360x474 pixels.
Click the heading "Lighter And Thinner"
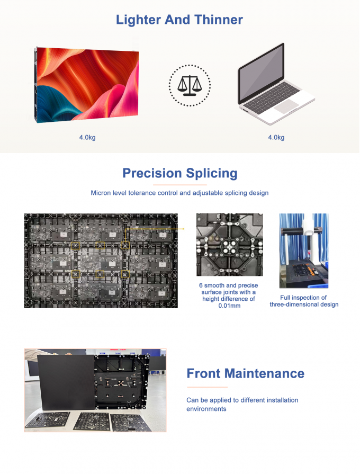click(179, 20)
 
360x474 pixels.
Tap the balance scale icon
click(189, 85)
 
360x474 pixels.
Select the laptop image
click(275, 82)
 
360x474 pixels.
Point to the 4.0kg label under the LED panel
click(87, 138)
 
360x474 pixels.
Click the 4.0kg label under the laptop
click(276, 138)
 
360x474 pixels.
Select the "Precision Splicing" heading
click(179, 173)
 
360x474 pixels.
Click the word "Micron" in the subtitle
click(102, 193)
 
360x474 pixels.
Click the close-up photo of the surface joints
click(229, 245)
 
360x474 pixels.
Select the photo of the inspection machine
click(303, 251)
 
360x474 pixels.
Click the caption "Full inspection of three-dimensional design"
click(303, 301)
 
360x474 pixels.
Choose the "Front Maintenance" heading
click(245, 373)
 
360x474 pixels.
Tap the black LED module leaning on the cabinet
click(66, 379)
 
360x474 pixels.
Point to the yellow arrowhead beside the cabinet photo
click(183, 229)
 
